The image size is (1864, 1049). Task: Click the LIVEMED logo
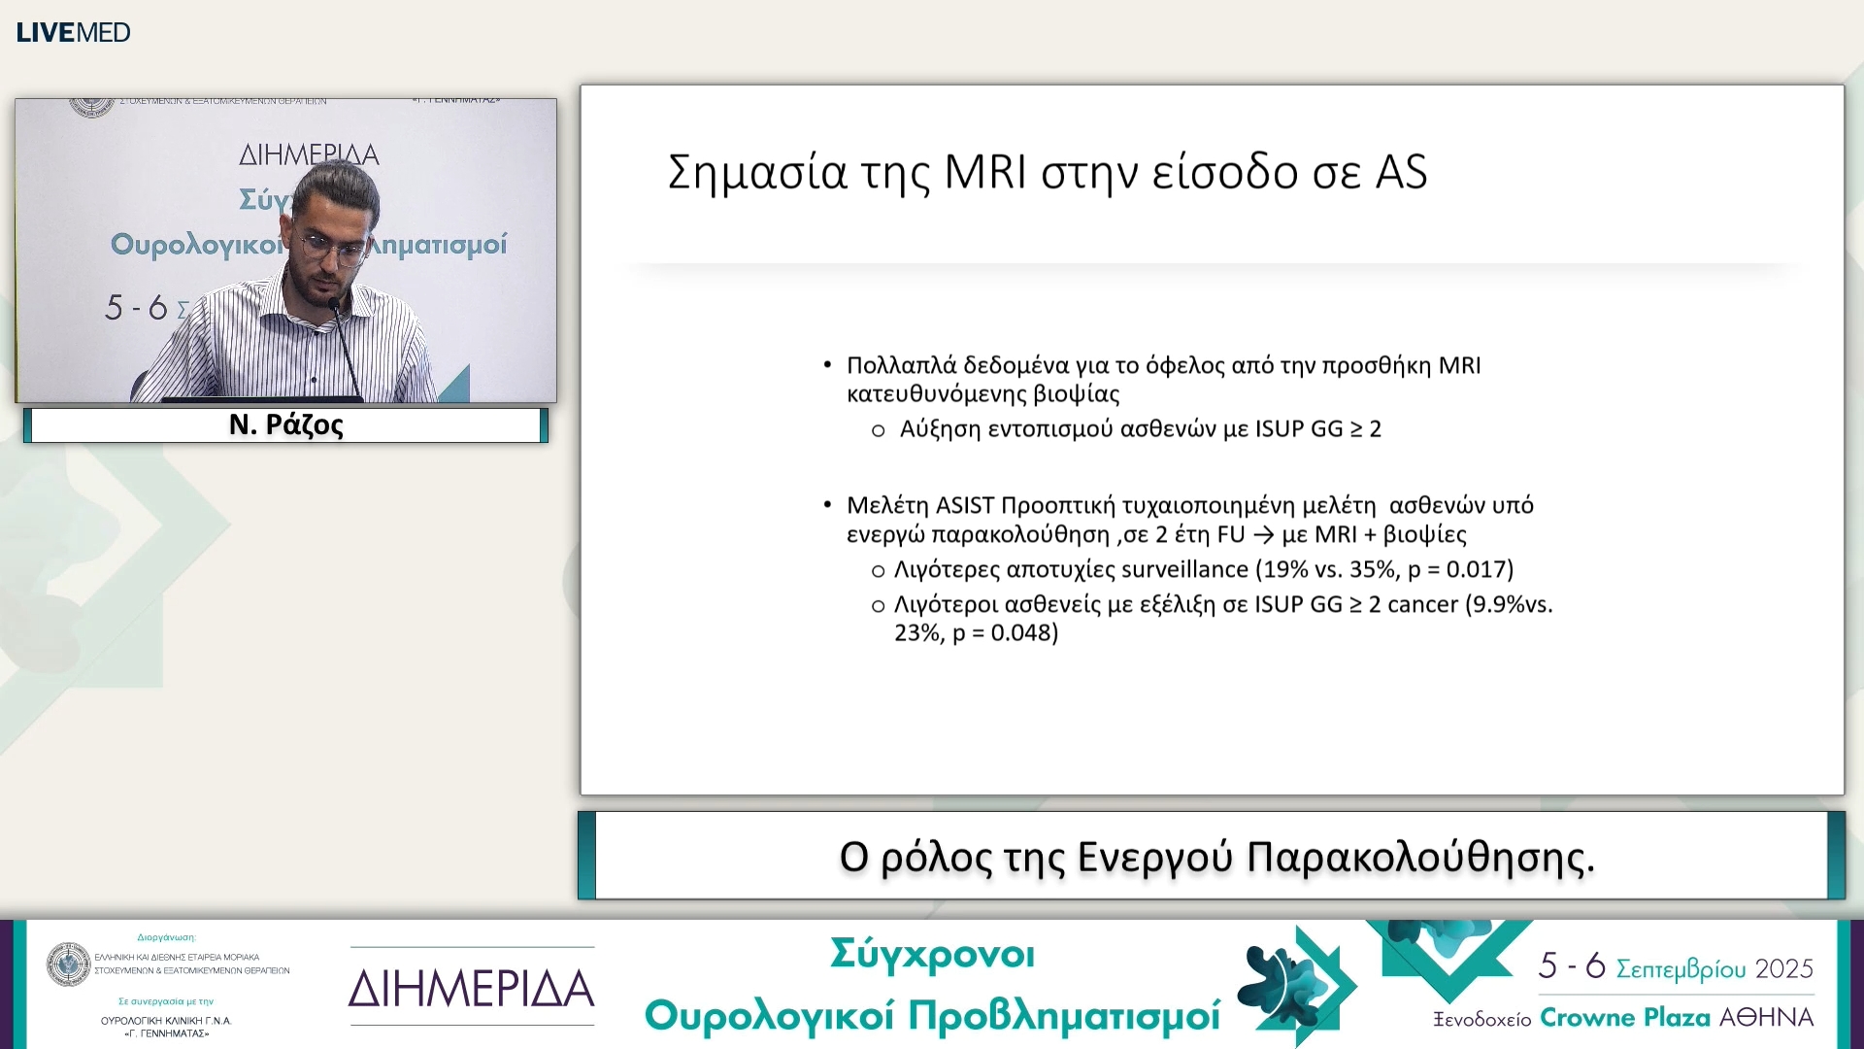pos(73,32)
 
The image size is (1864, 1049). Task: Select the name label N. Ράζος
pos(286,425)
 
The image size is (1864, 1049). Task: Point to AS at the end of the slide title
pos(1401,173)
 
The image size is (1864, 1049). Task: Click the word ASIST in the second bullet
pos(965,506)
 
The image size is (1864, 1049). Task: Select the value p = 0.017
pos(1460,569)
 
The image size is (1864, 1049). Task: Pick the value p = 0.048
pos(1005,633)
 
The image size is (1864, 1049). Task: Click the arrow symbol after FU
pos(1263,535)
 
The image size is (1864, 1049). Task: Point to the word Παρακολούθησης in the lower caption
pos(1420,858)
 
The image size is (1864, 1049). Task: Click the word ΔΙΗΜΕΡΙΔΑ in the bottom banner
pos(471,989)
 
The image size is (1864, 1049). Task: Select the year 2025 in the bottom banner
pos(1784,968)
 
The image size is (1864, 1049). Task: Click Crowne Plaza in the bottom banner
pos(1625,1017)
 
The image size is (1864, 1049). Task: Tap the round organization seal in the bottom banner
pos(69,964)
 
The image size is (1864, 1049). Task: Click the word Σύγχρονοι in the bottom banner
pos(932,955)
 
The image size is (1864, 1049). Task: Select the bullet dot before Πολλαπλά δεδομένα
pos(827,365)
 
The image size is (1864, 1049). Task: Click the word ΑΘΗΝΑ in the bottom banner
pos(1766,1017)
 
